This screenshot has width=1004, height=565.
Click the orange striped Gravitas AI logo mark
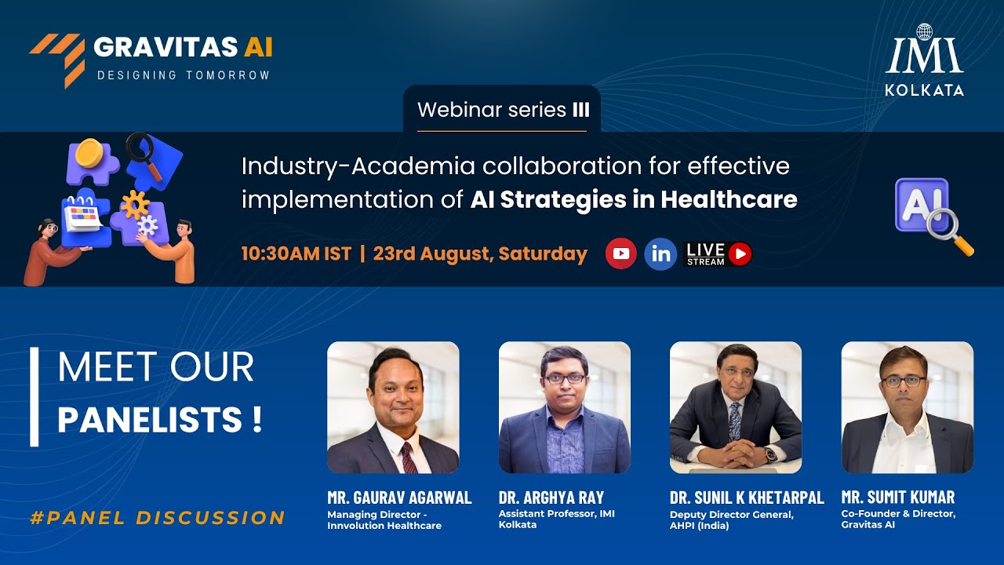(59, 59)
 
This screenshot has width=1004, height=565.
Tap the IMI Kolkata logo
(924, 60)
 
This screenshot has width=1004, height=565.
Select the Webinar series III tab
(502, 110)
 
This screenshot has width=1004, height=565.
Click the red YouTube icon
(620, 253)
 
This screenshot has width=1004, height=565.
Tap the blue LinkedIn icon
(660, 254)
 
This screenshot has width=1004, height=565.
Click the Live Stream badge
(718, 253)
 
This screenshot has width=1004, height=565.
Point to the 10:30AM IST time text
(296, 253)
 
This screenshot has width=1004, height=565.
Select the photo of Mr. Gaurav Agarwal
(393, 407)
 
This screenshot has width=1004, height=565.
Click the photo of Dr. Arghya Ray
(565, 407)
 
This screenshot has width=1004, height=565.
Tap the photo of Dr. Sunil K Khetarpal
(736, 407)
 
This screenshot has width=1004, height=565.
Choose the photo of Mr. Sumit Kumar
(908, 407)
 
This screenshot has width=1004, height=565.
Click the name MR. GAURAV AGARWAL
(399, 498)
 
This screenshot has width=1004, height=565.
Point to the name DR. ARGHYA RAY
(551, 498)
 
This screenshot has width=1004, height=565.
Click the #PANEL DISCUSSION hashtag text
(157, 518)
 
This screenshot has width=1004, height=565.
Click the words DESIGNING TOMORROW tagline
(183, 75)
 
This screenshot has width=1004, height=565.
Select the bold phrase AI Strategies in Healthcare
(634, 200)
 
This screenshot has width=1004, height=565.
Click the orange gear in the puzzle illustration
(135, 205)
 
